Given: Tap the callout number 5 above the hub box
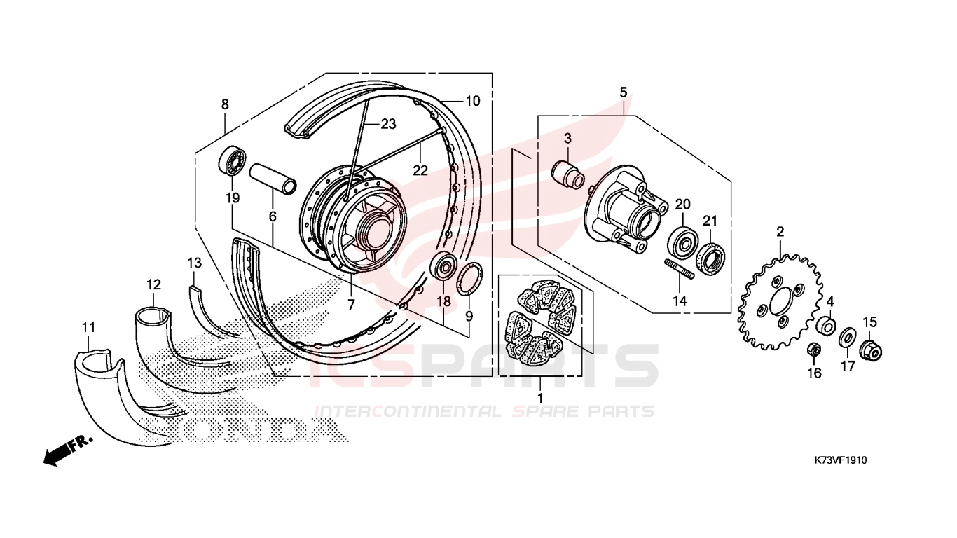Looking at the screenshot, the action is tap(624, 92).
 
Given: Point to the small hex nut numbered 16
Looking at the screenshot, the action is tap(814, 350).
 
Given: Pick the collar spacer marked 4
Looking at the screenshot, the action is tap(826, 325).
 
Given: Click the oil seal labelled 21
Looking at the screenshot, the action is tap(710, 258).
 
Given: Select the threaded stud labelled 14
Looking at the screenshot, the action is tap(680, 269).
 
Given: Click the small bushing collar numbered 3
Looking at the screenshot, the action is tap(568, 174).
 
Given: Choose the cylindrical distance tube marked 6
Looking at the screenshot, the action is tap(273, 179).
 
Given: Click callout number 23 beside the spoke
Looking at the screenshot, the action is tap(388, 124).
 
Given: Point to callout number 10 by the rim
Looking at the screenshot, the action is tap(473, 101).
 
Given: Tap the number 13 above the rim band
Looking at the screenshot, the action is tap(194, 263).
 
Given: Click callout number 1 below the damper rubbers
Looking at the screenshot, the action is tap(540, 399).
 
